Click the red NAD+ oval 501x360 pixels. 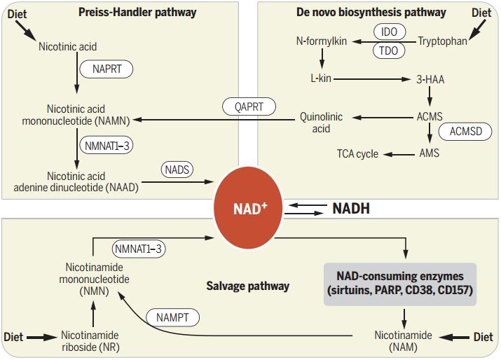coord(248,207)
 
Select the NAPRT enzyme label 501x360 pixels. coord(107,69)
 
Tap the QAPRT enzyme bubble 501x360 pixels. coord(249,106)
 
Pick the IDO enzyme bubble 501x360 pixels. coord(389,32)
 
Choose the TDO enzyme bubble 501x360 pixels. coord(388,50)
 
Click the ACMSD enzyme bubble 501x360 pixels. coord(465,132)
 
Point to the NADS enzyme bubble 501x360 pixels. coord(177,169)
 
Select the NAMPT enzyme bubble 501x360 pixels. coord(173,318)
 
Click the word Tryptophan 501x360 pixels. coord(443,41)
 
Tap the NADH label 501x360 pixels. coord(351,209)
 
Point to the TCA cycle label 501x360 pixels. coord(357,154)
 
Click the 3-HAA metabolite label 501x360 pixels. coord(430,80)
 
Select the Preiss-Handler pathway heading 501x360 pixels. coord(137,13)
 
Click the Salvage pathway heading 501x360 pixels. coord(247,286)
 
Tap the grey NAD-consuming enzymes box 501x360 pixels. coord(400,284)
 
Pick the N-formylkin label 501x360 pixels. coord(322,41)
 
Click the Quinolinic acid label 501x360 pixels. coord(321,123)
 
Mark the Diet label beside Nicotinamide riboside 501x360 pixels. coord(13,337)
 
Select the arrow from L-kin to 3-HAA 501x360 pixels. coord(372,79)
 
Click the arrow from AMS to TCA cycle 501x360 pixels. coord(399,155)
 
